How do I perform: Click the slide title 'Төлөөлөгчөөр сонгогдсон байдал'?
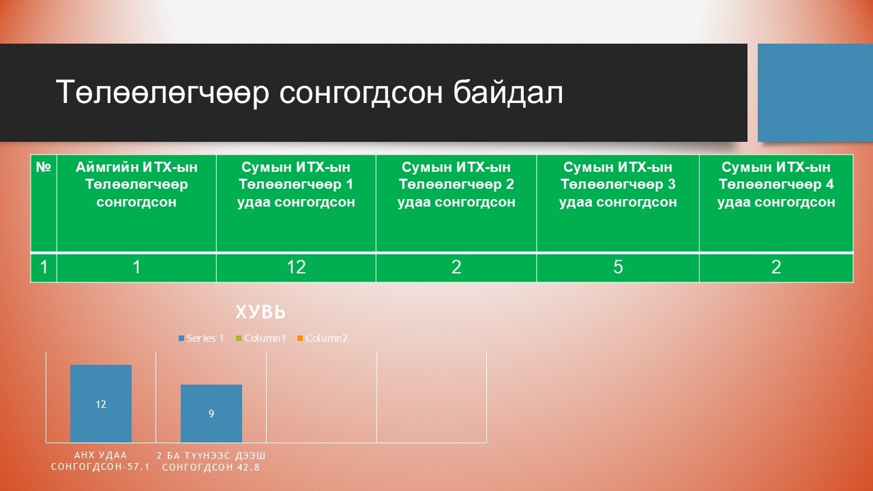tap(310, 92)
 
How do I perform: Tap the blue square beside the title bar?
tap(815, 93)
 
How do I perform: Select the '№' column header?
tap(44, 167)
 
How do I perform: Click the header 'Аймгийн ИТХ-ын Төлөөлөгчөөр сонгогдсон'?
tap(136, 184)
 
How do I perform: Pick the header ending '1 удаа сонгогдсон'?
tap(296, 184)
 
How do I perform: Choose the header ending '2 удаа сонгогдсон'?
tap(456, 184)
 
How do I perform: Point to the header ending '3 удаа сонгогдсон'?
tap(618, 184)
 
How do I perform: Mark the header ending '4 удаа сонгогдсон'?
tap(776, 184)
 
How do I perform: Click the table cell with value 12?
tap(296, 267)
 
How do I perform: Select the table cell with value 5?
tap(618, 267)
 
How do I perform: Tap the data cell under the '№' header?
tap(44, 267)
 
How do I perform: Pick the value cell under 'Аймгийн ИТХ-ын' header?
tap(136, 267)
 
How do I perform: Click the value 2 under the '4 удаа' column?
tap(776, 267)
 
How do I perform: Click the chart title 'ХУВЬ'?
tap(261, 312)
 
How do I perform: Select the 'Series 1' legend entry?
tap(201, 338)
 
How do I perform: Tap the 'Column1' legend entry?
tap(261, 338)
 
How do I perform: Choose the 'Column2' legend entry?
tap(322, 338)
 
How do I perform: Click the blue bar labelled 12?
tap(101, 403)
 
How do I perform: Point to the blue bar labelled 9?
tap(211, 413)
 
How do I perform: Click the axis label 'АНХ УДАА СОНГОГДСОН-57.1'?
tap(100, 461)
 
